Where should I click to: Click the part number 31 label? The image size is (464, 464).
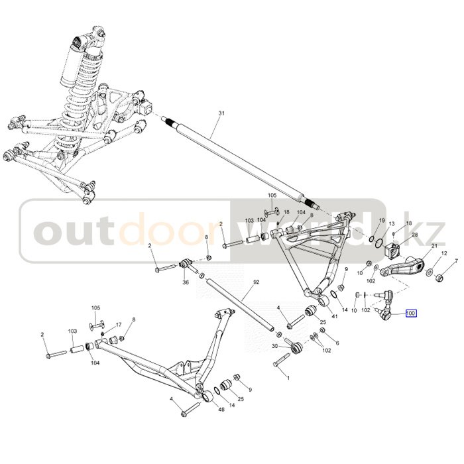pos(221,114)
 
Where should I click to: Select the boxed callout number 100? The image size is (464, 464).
pos(411,314)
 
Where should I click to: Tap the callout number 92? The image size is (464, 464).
pos(256,282)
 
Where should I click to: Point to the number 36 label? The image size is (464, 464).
pos(186,282)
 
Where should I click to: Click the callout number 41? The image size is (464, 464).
pos(334,317)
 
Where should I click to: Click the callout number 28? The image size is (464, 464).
pos(415,235)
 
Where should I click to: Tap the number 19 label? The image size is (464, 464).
pos(382,220)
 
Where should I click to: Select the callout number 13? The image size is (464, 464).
pos(392,224)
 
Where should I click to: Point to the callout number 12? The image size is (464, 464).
pos(444,254)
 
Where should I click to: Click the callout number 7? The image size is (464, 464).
pos(455,261)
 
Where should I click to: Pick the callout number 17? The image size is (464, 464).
pos(119,325)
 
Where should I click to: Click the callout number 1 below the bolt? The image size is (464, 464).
pos(288,377)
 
